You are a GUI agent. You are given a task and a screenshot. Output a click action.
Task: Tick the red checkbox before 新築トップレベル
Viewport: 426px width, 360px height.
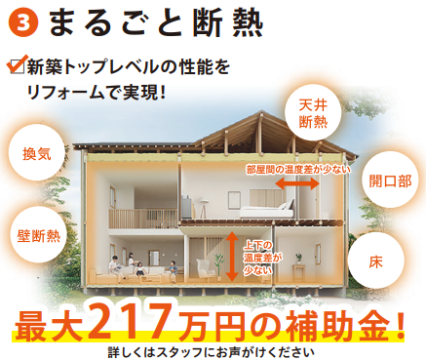(15, 66)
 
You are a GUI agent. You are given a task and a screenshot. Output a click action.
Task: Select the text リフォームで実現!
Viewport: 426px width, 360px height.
(97, 94)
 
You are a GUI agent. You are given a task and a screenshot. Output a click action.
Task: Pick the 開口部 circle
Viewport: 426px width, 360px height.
(389, 180)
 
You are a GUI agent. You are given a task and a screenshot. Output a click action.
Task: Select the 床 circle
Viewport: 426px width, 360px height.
(374, 261)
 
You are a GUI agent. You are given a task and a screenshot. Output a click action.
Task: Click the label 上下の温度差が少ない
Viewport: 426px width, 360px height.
(255, 256)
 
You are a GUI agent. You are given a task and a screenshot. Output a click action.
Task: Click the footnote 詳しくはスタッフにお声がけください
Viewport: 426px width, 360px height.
(213, 350)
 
